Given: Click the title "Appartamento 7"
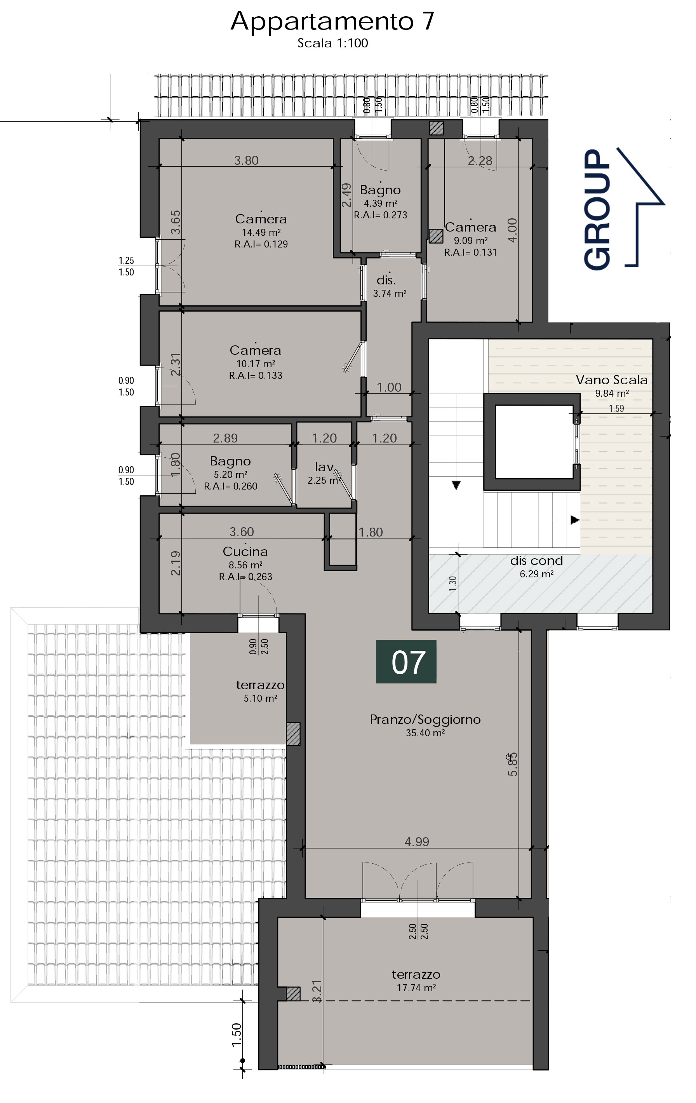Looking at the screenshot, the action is pos(332,21).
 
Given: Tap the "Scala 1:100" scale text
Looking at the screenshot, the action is pos(333,43).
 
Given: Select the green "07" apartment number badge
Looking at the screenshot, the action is pos(406,661).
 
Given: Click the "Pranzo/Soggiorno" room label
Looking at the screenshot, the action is pos(425,720).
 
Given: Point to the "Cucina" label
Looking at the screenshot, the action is pos(245,552).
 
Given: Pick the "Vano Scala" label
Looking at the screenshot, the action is pos(612,380).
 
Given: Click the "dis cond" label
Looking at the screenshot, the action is pos(537,561).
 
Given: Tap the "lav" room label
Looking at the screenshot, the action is pos(324,467).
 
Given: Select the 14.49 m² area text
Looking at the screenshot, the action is pos(261,232).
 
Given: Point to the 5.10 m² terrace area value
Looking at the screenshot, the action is pos(261,698).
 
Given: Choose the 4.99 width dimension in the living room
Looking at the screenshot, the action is pos(417,842).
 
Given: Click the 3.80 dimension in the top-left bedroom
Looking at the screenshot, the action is pos(246,160).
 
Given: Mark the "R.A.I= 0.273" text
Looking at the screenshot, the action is pos(381,215).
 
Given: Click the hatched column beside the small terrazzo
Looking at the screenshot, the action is pos(293,734).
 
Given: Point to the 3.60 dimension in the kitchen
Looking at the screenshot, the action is pos(242,532).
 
